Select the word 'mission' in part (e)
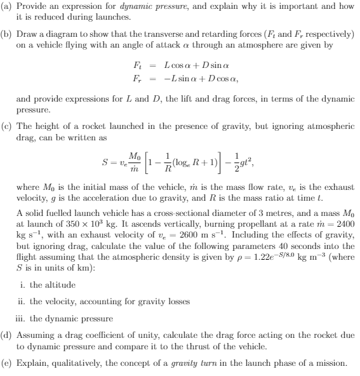coord(333,363)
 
